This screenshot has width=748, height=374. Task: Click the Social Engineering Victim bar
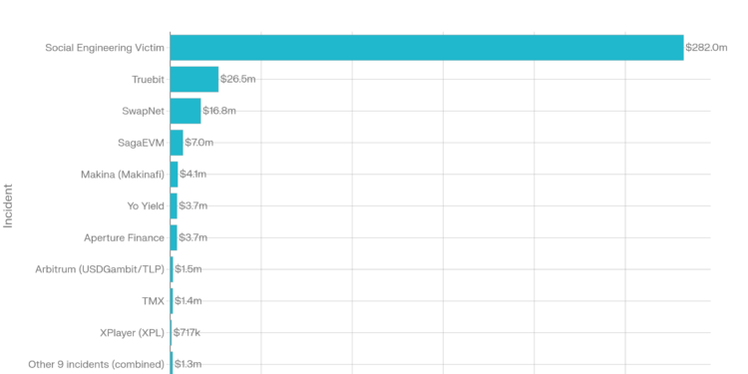pos(427,48)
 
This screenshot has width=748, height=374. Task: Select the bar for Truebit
pos(194,79)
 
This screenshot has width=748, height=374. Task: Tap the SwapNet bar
pos(187,111)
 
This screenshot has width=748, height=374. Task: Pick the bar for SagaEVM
pos(178,143)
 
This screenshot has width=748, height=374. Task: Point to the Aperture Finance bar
pos(175,237)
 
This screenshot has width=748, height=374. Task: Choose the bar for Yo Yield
pos(175,206)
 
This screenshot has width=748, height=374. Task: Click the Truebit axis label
pos(148,79)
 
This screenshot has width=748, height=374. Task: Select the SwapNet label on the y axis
pos(143,111)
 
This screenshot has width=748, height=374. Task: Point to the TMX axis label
pos(154,300)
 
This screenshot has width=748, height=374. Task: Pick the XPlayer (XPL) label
pos(132,332)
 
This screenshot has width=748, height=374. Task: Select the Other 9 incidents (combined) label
pos(96,364)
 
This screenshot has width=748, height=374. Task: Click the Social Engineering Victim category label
pos(105,48)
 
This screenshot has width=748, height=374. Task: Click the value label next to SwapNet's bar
pos(219,111)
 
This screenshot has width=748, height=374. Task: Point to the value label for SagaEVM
pos(199,143)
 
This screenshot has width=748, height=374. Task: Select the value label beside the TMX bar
pos(187,300)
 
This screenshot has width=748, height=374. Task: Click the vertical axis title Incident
pos(9,205)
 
